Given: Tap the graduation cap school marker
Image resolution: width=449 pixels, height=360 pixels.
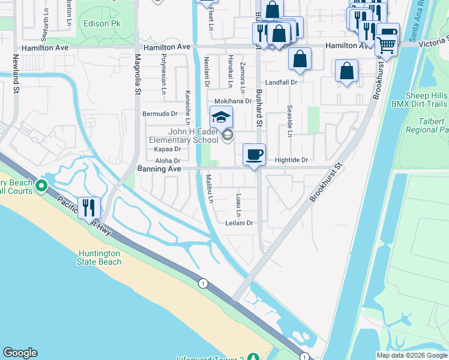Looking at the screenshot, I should pyautogui.click(x=221, y=117).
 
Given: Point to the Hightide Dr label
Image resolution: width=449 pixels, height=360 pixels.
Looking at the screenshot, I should pyautogui.click(x=291, y=160).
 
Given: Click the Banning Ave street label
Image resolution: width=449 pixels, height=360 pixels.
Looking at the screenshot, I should pyautogui.click(x=159, y=170).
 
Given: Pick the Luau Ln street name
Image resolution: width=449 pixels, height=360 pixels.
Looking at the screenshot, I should pyautogui.click(x=238, y=205).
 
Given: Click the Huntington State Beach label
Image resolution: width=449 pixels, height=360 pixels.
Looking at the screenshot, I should pyautogui.click(x=99, y=257).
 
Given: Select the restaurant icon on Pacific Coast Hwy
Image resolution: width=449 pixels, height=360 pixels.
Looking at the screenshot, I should pyautogui.click(x=89, y=208).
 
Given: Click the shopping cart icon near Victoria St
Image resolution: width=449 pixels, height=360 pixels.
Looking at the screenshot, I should pyautogui.click(x=386, y=44).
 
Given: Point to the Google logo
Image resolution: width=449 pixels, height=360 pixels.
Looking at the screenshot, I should pyautogui.click(x=20, y=353).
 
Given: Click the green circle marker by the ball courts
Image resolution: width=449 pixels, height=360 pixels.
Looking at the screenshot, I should pyautogui.click(x=41, y=186).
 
